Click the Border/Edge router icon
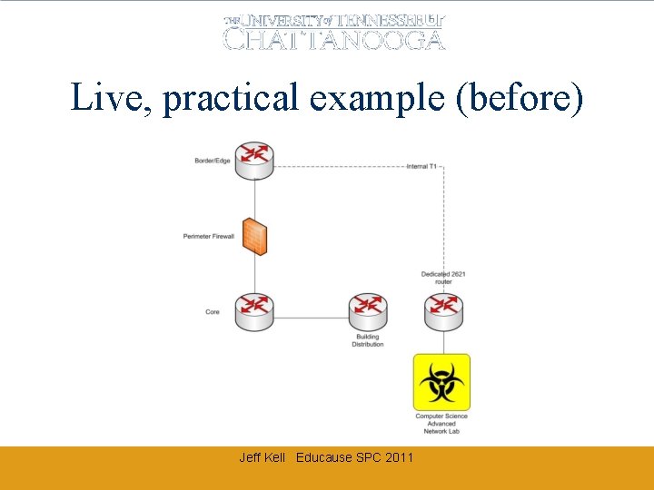(254, 161)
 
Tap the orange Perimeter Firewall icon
(254, 236)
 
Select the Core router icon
(254, 312)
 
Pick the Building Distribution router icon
(368, 312)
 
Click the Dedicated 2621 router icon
(443, 312)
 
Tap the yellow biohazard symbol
(442, 382)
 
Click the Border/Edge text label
(212, 162)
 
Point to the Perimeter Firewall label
(208, 237)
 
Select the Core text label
(213, 312)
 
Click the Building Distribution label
(368, 340)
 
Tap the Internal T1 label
(421, 167)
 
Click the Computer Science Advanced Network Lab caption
(441, 424)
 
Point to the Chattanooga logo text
(334, 39)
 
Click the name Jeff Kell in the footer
(262, 457)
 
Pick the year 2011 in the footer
(399, 457)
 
